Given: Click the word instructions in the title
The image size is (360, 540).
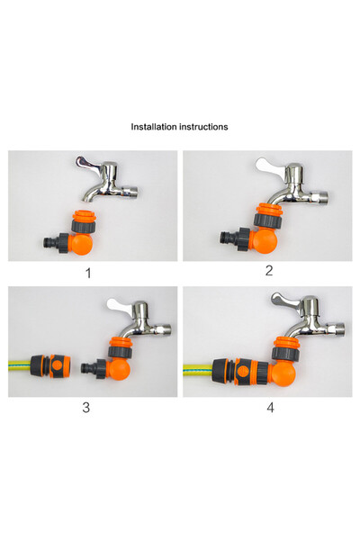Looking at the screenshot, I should [203, 127].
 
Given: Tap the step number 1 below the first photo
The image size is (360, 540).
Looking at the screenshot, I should [87, 272].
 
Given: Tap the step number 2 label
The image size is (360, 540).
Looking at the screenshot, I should [268, 271].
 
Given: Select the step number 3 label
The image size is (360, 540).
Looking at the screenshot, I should [86, 408].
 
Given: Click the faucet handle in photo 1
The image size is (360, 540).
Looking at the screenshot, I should [89, 163].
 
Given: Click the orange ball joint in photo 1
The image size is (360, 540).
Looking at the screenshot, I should [82, 242].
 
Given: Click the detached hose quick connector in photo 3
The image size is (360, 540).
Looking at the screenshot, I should [49, 367].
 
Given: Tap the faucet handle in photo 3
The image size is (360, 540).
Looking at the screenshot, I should [120, 303].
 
